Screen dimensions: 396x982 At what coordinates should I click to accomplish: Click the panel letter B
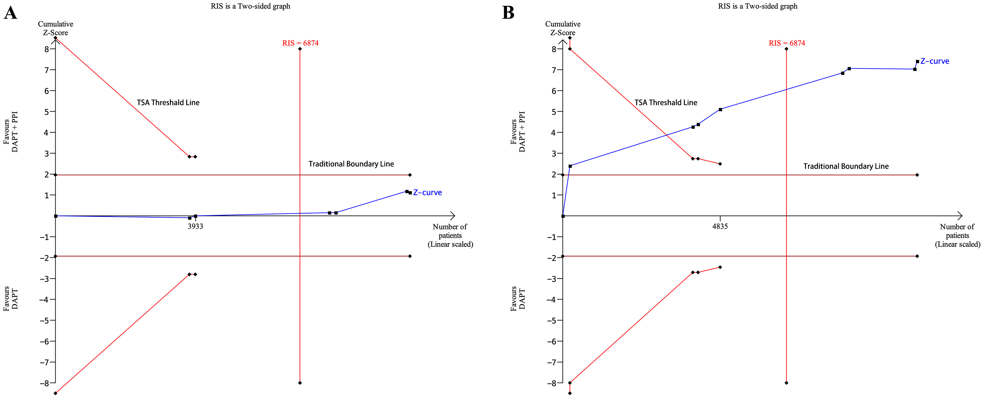pos(508,13)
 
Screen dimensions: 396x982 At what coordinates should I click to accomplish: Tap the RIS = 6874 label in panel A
pos(300,43)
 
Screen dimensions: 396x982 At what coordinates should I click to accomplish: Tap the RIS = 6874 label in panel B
pos(787,43)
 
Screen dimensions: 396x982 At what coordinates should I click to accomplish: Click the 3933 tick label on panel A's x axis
pos(195,226)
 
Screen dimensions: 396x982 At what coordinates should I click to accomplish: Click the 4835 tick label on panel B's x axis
pos(720,226)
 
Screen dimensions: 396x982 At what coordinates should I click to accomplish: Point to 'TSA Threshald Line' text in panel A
pos(168,102)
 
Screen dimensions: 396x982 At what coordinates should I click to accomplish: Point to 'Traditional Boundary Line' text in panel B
pos(846,166)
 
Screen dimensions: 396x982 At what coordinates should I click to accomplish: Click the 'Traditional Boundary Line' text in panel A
pos(351,164)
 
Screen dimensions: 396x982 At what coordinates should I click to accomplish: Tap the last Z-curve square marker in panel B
pos(917,62)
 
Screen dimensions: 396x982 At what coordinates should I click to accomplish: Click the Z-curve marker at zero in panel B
pos(563,216)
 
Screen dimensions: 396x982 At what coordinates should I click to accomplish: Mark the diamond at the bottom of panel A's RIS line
pos(300,383)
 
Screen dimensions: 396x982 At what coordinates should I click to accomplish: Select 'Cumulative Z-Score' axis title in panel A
pos(56,28)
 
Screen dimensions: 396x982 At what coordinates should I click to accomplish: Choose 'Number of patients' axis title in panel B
pos(957,231)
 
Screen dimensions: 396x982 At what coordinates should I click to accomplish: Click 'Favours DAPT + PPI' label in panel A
pos(11,132)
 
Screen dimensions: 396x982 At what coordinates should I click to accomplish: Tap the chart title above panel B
pos(758,6)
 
